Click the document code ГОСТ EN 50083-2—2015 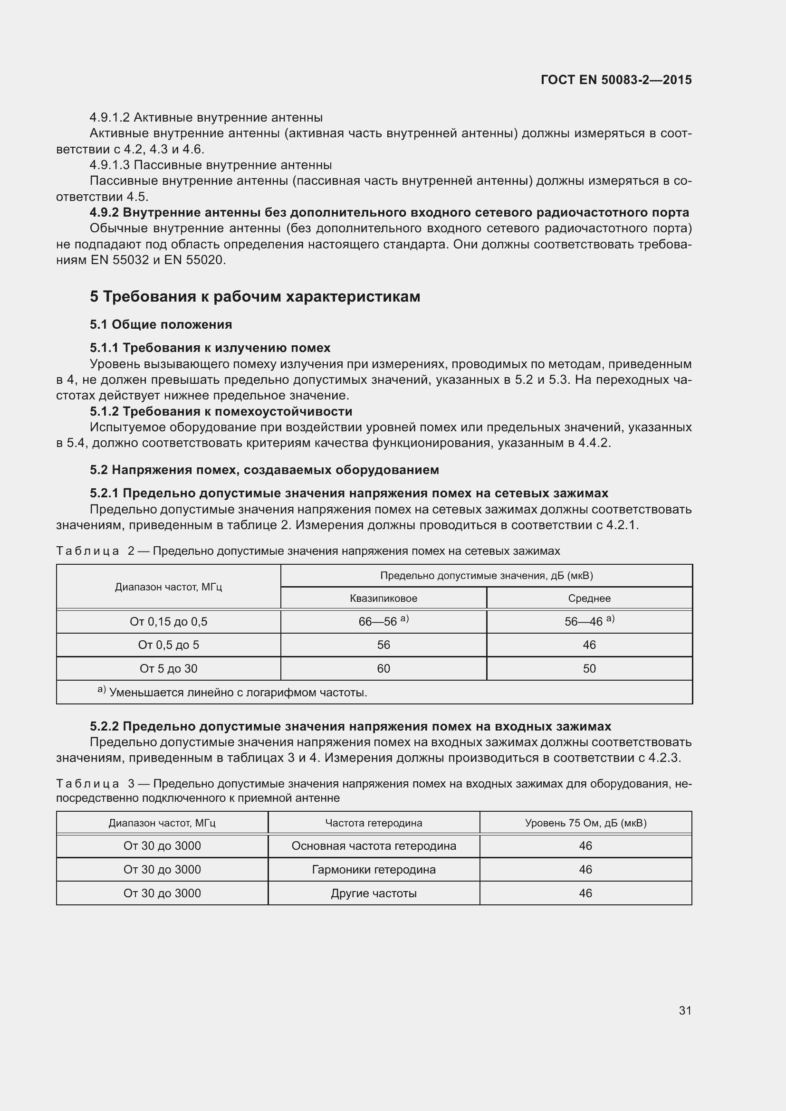point(615,80)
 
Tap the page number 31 point(685,1010)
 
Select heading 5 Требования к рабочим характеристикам point(255,296)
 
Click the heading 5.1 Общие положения point(161,324)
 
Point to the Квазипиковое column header point(383,598)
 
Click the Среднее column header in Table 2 point(589,598)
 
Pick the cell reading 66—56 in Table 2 point(377,622)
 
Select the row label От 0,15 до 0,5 point(168,622)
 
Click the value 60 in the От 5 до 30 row point(383,668)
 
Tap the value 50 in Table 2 point(589,668)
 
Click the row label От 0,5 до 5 point(168,645)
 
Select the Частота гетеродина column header point(374,823)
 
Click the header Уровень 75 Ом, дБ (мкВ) point(585,823)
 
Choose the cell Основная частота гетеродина point(374,846)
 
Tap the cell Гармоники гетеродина point(374,870)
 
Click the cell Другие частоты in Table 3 point(374,893)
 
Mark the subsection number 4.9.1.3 point(109,165)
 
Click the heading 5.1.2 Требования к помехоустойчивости point(220,411)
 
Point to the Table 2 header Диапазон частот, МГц point(168,587)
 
